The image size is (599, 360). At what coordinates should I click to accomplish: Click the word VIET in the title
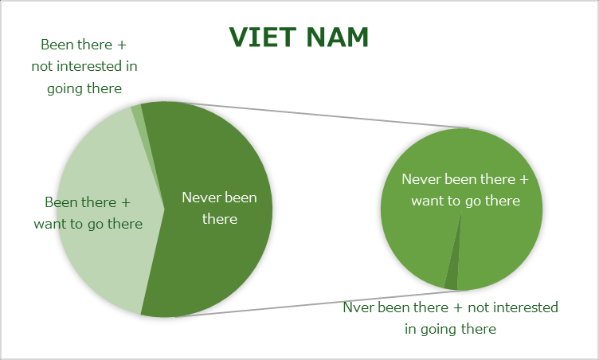[263, 37]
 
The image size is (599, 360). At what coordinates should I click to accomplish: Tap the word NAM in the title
[337, 37]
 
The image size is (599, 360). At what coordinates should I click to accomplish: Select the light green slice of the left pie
[107, 210]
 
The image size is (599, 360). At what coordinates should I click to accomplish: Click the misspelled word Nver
[358, 307]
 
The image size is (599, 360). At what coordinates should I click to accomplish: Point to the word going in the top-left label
[63, 89]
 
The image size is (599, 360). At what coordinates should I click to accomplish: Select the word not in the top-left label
[42, 66]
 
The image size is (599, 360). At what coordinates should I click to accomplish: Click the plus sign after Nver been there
[458, 308]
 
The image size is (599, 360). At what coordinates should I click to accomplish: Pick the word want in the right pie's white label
[425, 201]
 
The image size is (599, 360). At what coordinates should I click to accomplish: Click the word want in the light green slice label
[47, 224]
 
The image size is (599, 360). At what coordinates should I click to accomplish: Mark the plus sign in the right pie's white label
[524, 180]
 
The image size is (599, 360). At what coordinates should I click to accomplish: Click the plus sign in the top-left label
[122, 45]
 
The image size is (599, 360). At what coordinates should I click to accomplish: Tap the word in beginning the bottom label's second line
[411, 329]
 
